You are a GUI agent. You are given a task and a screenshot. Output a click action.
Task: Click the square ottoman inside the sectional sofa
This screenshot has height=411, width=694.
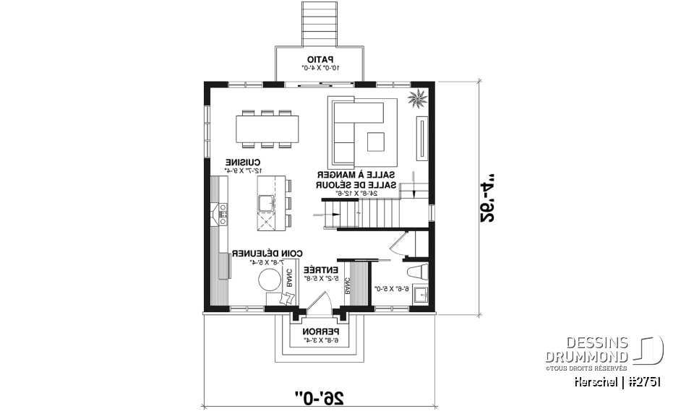pyautogui.click(x=377, y=141)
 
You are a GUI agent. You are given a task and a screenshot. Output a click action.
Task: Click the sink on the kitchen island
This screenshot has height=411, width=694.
pyautogui.click(x=265, y=201)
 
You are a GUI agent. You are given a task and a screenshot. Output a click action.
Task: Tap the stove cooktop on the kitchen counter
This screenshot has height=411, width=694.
pyautogui.click(x=223, y=211)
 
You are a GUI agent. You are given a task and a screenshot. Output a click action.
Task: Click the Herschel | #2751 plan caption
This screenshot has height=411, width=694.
pyautogui.click(x=617, y=381)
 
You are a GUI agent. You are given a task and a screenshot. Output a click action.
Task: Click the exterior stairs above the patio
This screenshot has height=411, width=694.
pyautogui.click(x=318, y=23)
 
